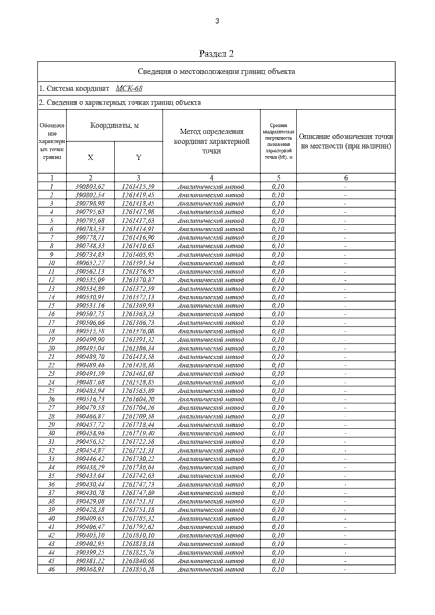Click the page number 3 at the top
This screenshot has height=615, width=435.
(x=217, y=21)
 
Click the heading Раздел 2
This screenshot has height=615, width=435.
(x=216, y=54)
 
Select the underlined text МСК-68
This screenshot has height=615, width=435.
(x=129, y=89)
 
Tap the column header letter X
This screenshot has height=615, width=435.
(x=90, y=158)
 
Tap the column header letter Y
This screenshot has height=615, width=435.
(x=138, y=158)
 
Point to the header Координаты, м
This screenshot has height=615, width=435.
(x=115, y=126)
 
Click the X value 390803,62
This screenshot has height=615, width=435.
(x=90, y=187)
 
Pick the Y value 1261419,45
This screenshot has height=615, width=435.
(x=138, y=195)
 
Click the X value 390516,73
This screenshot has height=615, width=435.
(x=90, y=399)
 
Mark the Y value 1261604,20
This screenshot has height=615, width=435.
(x=138, y=399)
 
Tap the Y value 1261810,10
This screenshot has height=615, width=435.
(x=138, y=535)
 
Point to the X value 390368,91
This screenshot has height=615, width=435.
(x=90, y=569)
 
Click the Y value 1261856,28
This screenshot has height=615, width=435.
(x=138, y=569)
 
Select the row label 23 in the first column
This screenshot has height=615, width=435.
(x=51, y=374)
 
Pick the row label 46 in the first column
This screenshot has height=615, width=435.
(x=51, y=569)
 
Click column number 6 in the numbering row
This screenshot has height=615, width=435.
(x=346, y=178)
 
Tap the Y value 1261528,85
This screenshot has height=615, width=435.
(x=138, y=382)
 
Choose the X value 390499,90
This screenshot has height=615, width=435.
(x=90, y=340)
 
